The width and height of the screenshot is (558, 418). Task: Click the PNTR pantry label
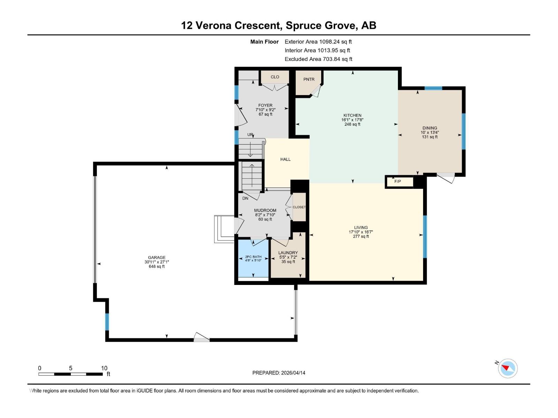309,79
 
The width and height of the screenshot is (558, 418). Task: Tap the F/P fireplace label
397,181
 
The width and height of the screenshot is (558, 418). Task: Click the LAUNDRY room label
288,253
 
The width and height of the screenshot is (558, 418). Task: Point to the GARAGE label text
157,258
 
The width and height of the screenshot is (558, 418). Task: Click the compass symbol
507,369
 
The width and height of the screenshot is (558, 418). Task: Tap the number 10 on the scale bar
104,368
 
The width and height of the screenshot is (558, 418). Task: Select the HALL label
285,159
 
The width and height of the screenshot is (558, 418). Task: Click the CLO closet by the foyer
275,77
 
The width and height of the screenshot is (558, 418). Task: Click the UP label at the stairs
250,134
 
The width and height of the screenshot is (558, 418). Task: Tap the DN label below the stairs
245,198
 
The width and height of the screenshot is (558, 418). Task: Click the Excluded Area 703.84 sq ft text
318,59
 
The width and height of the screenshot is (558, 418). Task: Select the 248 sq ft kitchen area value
352,124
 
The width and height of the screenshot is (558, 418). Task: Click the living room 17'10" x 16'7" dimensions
361,232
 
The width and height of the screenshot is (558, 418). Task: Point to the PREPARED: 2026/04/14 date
279,373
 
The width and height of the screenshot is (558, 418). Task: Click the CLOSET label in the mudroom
299,207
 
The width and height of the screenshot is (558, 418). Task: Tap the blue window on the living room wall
425,237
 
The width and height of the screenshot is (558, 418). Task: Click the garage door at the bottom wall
202,338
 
